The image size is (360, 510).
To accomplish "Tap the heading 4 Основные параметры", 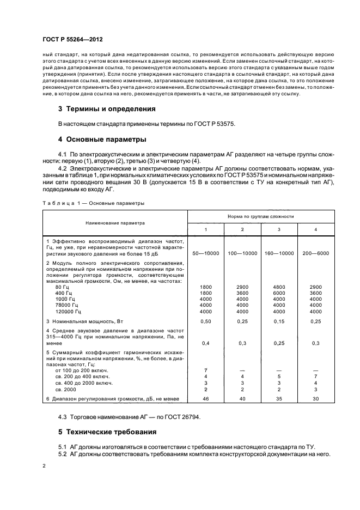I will pos(103,139).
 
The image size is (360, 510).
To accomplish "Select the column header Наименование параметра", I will pos(115,222).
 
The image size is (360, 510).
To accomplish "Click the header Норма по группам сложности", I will pos(260,216).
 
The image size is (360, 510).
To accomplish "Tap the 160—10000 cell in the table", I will pos(279,253).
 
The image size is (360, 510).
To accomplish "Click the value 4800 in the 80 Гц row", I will pos(279,286).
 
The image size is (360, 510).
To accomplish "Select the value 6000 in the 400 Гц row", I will pos(279,293).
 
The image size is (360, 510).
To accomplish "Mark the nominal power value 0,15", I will pos(279,322).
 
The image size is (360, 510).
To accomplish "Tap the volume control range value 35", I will pos(279,399).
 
